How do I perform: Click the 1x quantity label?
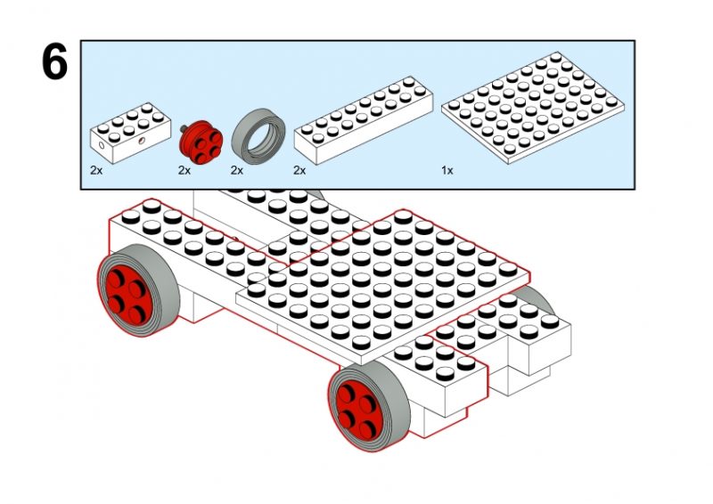click(x=447, y=169)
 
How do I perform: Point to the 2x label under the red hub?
click(x=184, y=169)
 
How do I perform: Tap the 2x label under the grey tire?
click(x=237, y=169)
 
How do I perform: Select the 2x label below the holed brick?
click(x=95, y=169)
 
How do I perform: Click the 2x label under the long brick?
click(x=300, y=169)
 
